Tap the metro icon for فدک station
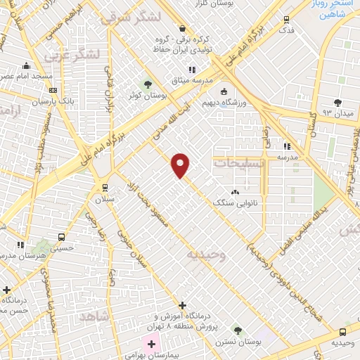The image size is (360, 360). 286,20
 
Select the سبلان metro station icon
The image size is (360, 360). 105,187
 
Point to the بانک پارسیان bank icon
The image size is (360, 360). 53,90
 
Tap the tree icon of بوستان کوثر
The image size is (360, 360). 147,84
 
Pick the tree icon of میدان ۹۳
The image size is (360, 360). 337,102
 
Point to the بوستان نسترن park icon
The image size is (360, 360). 238,330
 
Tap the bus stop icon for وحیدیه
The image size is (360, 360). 342,332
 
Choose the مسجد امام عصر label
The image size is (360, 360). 27,75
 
